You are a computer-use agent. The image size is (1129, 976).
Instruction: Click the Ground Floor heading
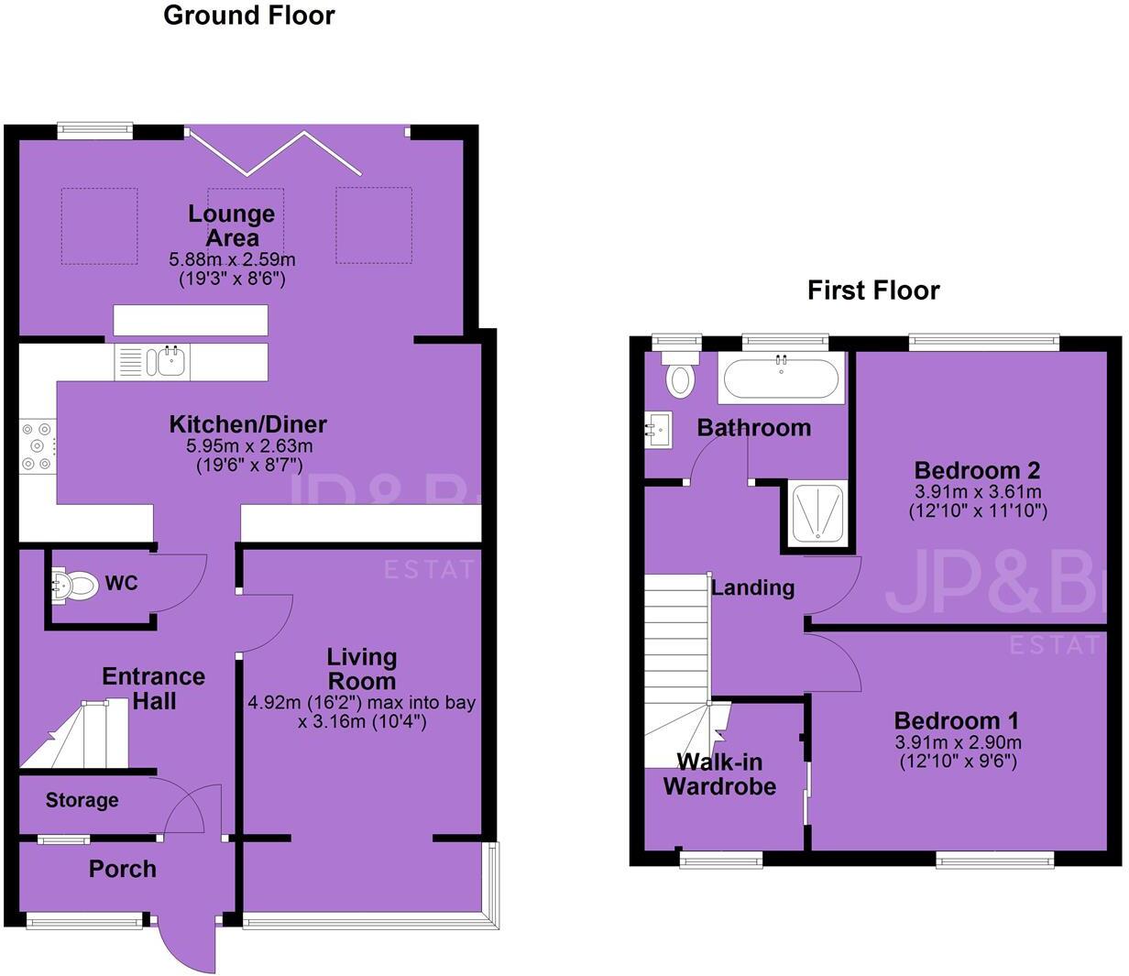pyautogui.click(x=248, y=16)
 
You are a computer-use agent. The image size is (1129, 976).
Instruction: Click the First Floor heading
pyautogui.click(x=872, y=291)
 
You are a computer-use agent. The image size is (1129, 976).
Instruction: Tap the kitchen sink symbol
pyautogui.click(x=170, y=361)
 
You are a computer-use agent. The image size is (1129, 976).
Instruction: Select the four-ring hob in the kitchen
pyautogui.click(x=38, y=446)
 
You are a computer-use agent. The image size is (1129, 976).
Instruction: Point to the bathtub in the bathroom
pyautogui.click(x=781, y=378)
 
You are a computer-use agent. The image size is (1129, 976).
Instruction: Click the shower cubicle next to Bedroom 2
pyautogui.click(x=817, y=513)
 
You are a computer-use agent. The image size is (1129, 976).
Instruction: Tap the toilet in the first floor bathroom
pyautogui.click(x=680, y=376)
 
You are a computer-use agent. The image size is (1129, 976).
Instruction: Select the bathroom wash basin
pyautogui.click(x=659, y=429)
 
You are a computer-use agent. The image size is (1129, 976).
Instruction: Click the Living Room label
pyautogui.click(x=362, y=669)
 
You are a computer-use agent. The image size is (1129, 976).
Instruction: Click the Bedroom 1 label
pyautogui.click(x=956, y=720)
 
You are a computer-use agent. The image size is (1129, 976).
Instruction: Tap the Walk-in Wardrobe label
pyautogui.click(x=719, y=774)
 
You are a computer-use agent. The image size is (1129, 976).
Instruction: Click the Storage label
pyautogui.click(x=82, y=800)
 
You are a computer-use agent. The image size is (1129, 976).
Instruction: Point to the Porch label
pyautogui.click(x=122, y=869)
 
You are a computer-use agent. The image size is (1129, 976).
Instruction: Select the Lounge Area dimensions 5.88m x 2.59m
pyautogui.click(x=232, y=260)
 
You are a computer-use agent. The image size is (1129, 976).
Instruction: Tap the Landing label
pyautogui.click(x=752, y=587)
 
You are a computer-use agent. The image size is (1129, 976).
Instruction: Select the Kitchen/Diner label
pyautogui.click(x=247, y=424)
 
